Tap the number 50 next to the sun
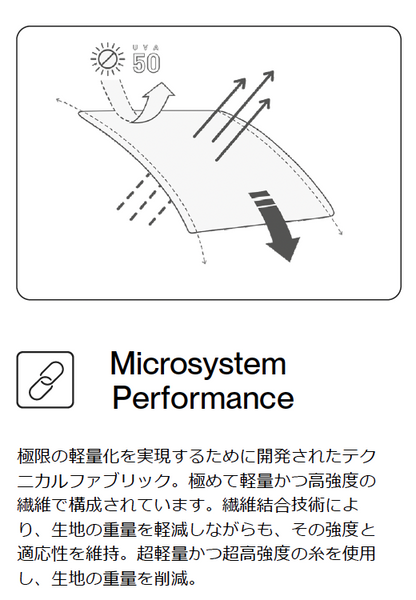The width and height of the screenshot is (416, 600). pyautogui.click(x=146, y=63)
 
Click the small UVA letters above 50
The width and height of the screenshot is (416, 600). pyautogui.click(x=146, y=48)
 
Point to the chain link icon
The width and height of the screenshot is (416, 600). pyautogui.click(x=45, y=380)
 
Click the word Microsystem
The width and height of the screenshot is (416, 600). pyautogui.click(x=198, y=364)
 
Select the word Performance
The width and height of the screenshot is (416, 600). pyautogui.click(x=203, y=398)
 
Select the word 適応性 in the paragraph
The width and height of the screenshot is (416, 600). pyautogui.click(x=42, y=554)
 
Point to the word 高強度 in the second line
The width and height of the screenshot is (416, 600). pyautogui.click(x=333, y=481)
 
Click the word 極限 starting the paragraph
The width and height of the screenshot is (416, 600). pyautogui.click(x=34, y=456)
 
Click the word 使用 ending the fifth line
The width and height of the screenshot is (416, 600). pyautogui.click(x=359, y=554)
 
